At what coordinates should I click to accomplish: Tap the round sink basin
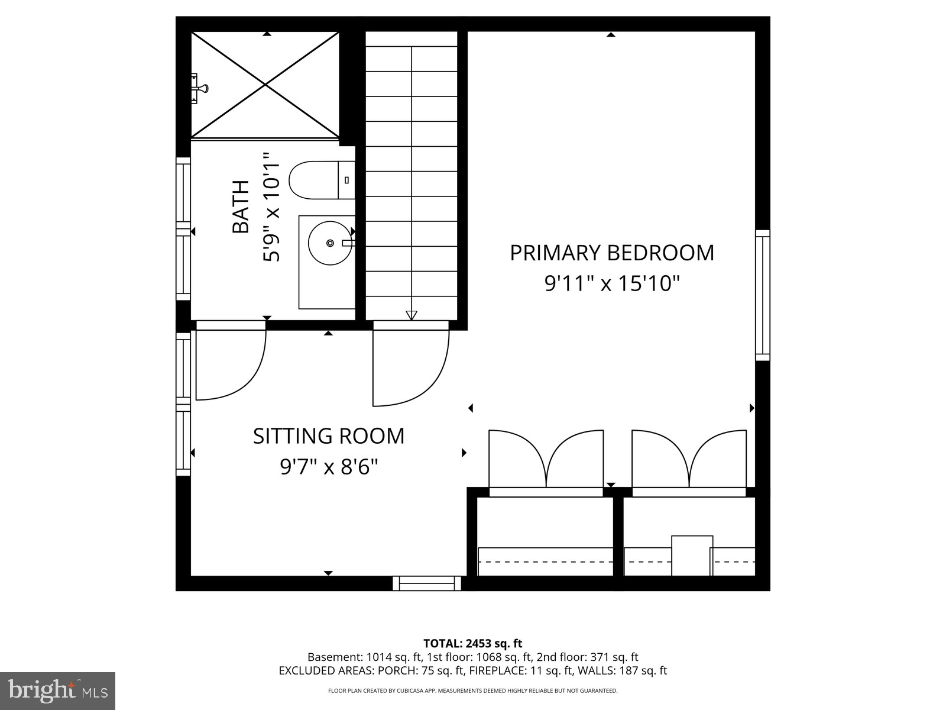tap(330, 243)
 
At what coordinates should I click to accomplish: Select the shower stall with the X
tap(265, 85)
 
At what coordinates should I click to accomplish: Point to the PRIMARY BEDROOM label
tap(612, 253)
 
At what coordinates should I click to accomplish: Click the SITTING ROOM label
tap(329, 436)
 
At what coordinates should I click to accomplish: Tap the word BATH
tap(241, 207)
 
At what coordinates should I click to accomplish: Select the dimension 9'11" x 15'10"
tap(612, 284)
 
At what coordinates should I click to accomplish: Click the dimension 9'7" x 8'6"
tap(329, 467)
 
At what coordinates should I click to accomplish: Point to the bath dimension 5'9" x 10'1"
tap(271, 207)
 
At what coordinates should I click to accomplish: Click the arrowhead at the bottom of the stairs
tap(412, 315)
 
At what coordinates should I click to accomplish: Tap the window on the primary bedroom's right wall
tap(763, 295)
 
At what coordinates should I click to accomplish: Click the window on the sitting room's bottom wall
tap(427, 583)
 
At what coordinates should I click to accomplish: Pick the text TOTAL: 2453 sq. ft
tap(472, 643)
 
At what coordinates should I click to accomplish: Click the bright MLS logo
tap(57, 690)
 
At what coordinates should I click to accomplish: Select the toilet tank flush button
tap(346, 180)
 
